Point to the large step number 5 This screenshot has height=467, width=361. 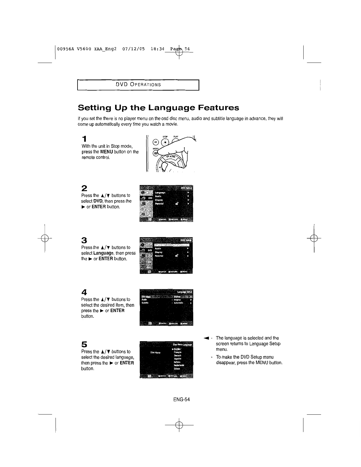pos(84,344)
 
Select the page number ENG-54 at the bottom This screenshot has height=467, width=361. pos(181,400)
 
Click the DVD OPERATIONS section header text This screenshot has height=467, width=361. pos(138,85)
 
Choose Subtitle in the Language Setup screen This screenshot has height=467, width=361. pos(145,303)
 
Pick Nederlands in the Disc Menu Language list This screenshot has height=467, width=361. pos(179,365)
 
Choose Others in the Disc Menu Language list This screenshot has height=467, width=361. pos(177,369)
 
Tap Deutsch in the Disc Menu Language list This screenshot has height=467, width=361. pos(178,355)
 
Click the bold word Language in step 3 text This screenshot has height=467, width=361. pos(104,253)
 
